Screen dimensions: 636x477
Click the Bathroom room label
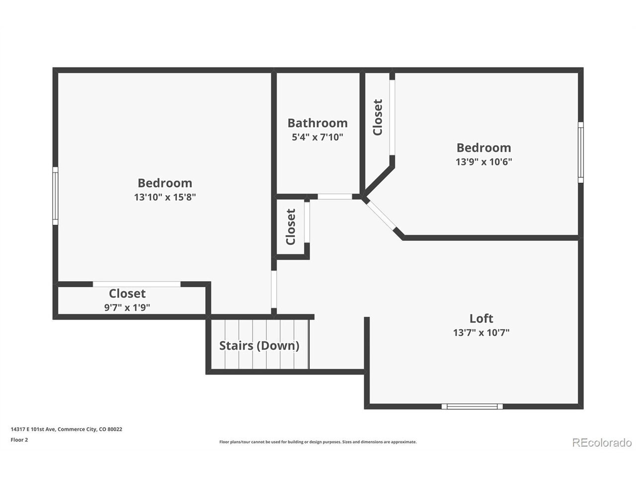point(318,123)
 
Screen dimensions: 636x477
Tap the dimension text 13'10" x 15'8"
point(165,197)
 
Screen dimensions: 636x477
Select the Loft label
point(481,318)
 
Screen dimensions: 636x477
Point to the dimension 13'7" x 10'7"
point(481,332)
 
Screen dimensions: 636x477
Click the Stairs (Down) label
point(259,346)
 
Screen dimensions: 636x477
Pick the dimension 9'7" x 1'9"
point(127,307)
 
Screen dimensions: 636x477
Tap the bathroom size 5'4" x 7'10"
point(318,137)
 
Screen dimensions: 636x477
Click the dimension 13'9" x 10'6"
point(483,161)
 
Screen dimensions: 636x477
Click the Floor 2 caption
point(19,440)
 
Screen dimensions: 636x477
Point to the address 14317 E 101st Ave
point(33,429)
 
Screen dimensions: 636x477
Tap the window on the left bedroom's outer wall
point(55,196)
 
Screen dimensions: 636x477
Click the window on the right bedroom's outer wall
point(581,153)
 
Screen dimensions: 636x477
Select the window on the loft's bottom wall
point(472,406)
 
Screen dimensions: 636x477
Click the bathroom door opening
point(335,197)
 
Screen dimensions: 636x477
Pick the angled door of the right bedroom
point(381,216)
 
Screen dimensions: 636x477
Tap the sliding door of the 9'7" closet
point(137,284)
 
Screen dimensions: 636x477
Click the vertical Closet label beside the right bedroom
point(378,117)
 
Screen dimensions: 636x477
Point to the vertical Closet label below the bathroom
point(291,227)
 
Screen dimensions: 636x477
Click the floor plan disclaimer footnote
point(318,442)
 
